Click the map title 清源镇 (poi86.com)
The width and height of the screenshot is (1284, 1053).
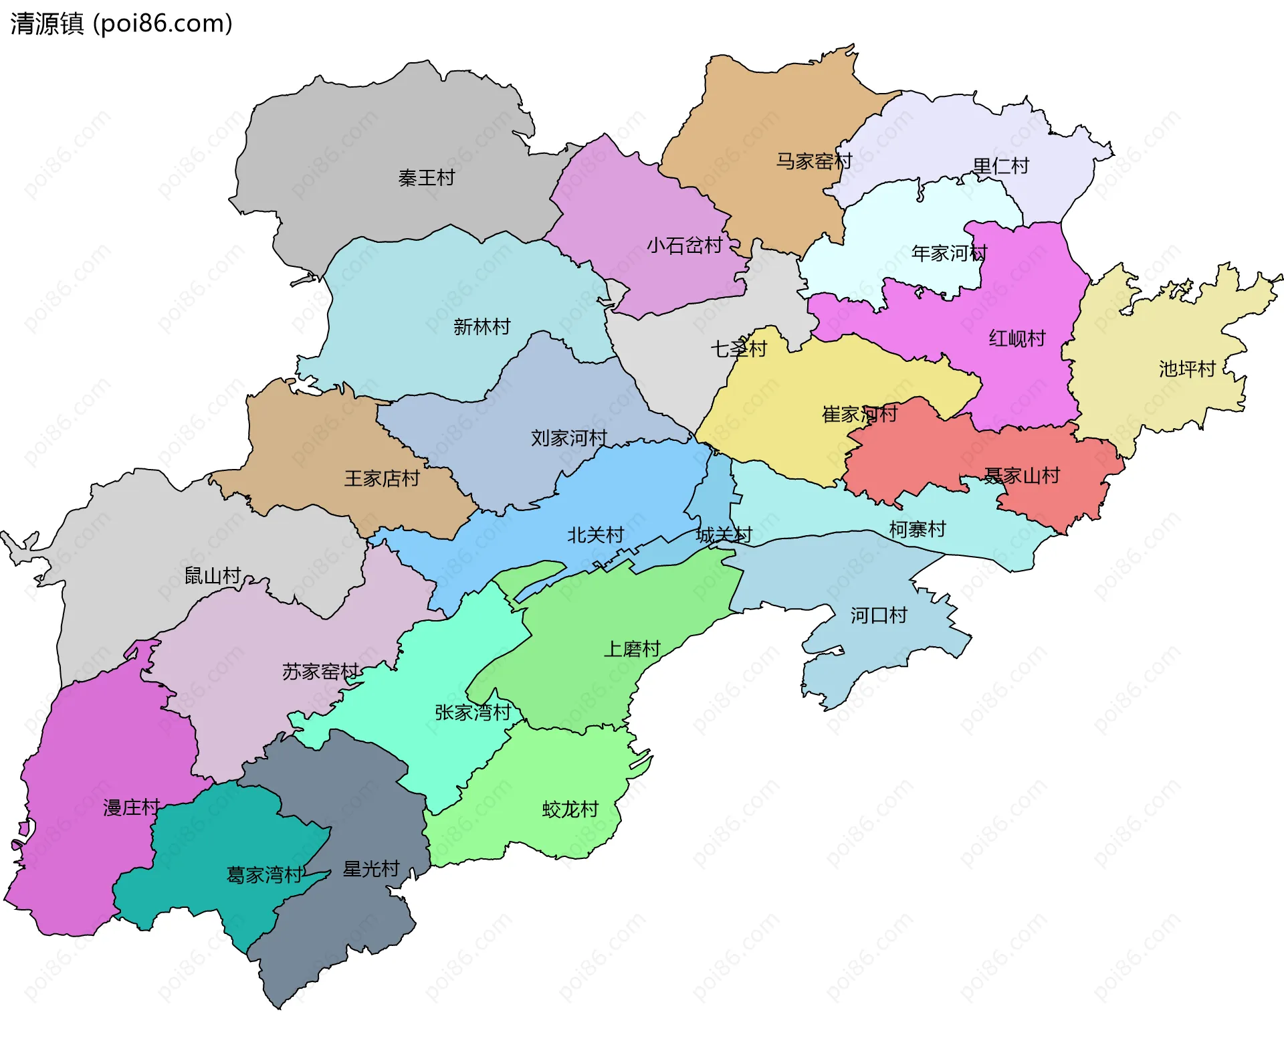point(121,23)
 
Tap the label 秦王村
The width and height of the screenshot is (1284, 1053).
point(426,178)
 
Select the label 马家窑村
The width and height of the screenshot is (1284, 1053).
point(814,161)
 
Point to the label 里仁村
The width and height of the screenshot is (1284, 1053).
point(1000,166)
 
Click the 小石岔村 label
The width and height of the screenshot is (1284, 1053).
point(684,246)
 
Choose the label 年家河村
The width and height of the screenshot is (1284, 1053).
point(949,254)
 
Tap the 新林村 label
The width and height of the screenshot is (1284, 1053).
point(481,326)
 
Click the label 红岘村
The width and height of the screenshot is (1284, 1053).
point(1016,339)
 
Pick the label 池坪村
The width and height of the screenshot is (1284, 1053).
point(1186,369)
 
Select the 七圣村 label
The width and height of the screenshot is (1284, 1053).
point(738,349)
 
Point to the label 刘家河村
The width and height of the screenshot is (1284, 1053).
point(568,438)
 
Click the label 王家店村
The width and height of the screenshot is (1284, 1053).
point(381,478)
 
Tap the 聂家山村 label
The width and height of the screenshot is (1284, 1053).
point(1021,476)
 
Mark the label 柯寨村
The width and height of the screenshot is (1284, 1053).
point(917,529)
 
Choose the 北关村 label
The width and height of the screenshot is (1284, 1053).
point(595,535)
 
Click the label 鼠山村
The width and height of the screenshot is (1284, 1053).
point(212,575)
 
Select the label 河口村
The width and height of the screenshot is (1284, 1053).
point(878,615)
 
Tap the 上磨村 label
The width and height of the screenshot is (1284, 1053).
point(631,649)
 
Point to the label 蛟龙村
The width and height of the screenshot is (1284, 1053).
point(570,809)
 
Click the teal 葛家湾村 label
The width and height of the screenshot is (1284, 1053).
point(264,875)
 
